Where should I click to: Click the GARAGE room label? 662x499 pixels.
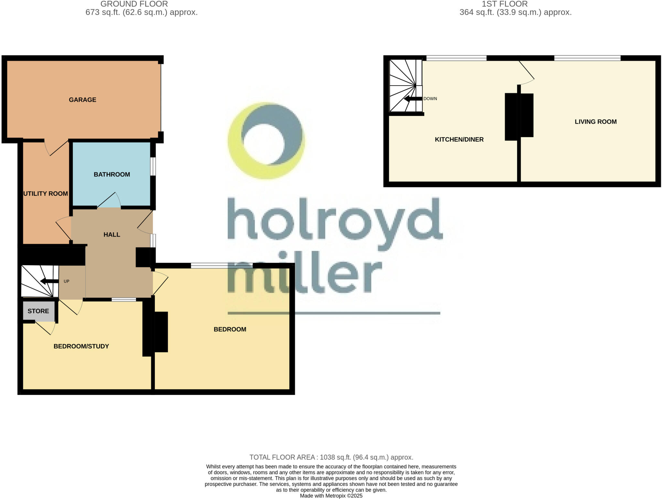click(82, 100)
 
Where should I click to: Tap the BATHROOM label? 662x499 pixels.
click(112, 174)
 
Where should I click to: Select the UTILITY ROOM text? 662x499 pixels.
click(46, 193)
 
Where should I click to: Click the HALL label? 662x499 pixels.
click(112, 235)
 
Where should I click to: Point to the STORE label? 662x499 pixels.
click(38, 311)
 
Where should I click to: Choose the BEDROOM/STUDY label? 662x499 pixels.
click(81, 346)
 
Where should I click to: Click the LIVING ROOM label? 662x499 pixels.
click(595, 122)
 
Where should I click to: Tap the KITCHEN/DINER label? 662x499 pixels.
click(459, 140)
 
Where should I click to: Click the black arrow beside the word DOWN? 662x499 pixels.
click(413, 99)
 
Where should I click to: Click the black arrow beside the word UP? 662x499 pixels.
click(49, 281)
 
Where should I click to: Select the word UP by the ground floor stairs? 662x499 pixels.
click(67, 281)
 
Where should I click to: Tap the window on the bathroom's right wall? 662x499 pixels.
click(153, 166)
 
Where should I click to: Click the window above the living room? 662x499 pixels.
click(587, 58)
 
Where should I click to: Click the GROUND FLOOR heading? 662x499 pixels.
click(134, 4)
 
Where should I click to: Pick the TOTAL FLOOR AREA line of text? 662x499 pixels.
click(331, 457)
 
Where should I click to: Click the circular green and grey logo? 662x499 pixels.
click(266, 141)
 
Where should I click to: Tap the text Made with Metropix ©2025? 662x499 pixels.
click(331, 496)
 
